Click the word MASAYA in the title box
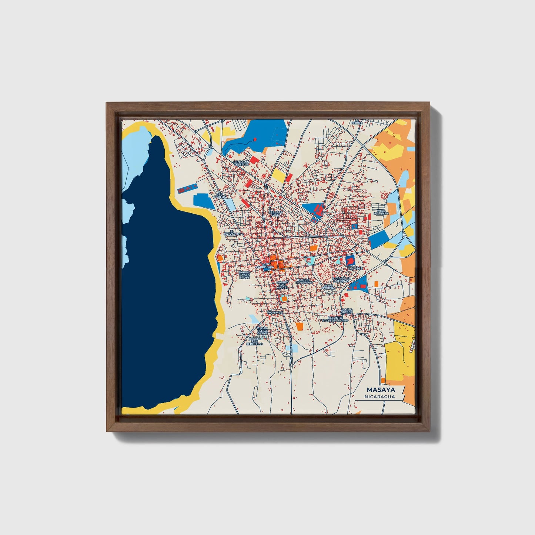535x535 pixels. coord(381,390)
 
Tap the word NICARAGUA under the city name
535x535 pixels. coord(379,397)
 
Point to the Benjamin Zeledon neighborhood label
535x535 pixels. coord(241,163)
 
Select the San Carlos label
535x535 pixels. coord(220,195)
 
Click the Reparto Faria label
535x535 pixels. coord(277,214)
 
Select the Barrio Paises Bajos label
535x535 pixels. coord(244,275)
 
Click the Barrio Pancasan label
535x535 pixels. coord(304,281)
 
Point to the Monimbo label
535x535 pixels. coord(275,312)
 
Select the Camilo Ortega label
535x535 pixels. coord(347,311)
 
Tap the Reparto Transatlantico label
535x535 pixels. coord(335,319)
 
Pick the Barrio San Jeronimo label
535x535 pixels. coord(255,341)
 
